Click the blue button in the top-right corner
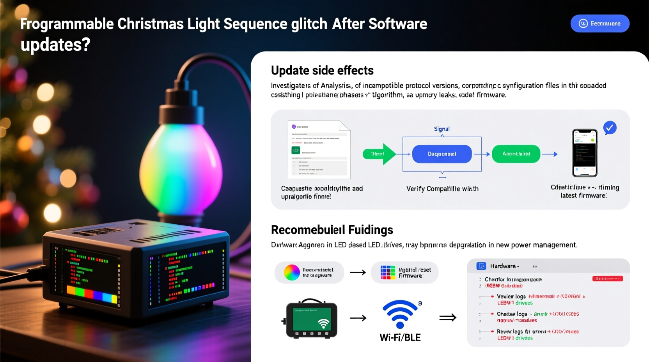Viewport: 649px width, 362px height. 599,23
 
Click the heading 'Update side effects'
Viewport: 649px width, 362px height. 322,70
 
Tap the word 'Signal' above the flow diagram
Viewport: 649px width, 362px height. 442,129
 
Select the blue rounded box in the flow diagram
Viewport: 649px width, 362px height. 442,154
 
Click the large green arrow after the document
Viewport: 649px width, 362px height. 379,154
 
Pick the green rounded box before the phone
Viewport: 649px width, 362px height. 516,154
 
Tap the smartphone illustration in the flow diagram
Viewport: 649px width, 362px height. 584,153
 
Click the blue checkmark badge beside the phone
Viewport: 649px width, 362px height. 610,128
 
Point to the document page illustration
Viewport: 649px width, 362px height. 319,149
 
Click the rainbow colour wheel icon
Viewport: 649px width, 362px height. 292,272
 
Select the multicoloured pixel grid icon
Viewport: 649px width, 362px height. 388,272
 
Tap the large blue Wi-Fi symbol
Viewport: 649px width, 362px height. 400,314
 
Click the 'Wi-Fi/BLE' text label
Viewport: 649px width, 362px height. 400,337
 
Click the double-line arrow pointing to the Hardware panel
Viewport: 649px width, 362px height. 447,318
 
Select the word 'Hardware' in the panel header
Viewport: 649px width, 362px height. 503,266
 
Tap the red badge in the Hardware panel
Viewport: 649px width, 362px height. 607,279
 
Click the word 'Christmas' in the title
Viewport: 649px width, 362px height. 151,24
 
